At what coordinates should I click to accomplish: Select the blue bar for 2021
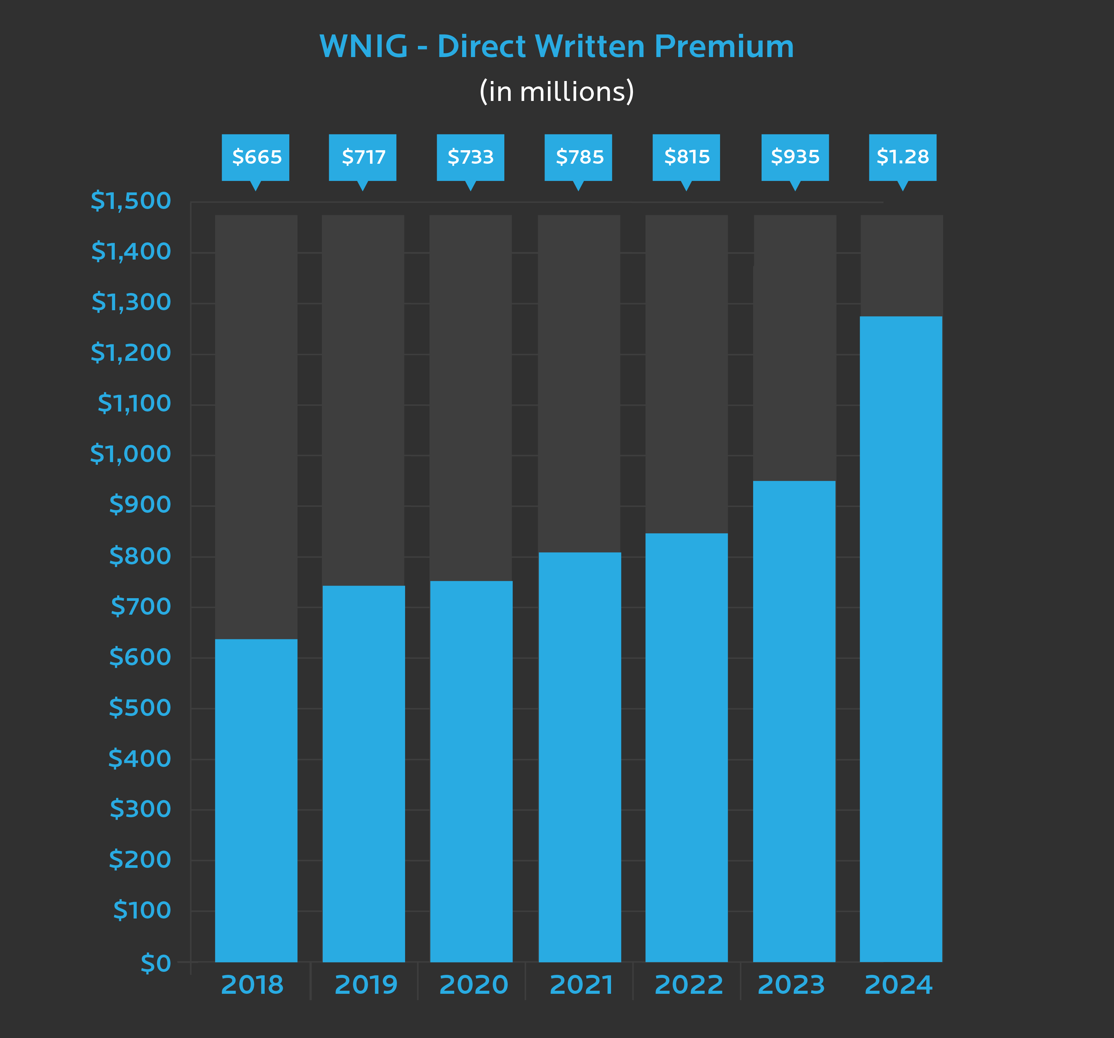[x=579, y=756]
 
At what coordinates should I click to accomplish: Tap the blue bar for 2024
[x=901, y=639]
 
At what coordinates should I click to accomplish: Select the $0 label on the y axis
[x=155, y=963]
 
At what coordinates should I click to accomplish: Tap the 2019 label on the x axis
[x=366, y=985]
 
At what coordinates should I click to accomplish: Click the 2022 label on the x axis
[x=689, y=985]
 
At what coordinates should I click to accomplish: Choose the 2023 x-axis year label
[x=791, y=985]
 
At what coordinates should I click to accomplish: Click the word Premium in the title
[x=724, y=47]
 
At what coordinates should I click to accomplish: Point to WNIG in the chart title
[x=363, y=47]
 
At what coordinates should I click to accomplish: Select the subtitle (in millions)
[x=556, y=91]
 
